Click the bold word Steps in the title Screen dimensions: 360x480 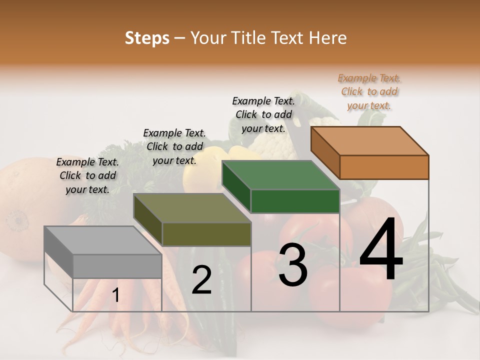pos(147,38)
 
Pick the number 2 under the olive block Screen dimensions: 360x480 pos(201,280)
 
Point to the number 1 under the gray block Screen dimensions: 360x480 pos(116,295)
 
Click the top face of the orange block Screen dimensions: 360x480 pos(369,140)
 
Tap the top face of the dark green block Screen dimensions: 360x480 pos(280,175)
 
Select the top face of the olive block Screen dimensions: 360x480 pos(192,207)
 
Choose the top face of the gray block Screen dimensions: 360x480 pos(103,240)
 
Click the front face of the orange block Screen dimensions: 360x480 pos(384,167)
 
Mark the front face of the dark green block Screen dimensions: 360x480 pos(295,201)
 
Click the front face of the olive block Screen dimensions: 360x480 pos(206,234)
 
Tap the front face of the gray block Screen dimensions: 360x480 pos(117,266)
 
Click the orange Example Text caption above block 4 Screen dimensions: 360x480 pos(369,91)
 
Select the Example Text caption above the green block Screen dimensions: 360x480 pos(263,114)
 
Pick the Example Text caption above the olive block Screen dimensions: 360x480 pos(174,146)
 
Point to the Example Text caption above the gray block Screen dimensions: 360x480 pos(87,175)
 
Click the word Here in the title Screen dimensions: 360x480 pos(328,38)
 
